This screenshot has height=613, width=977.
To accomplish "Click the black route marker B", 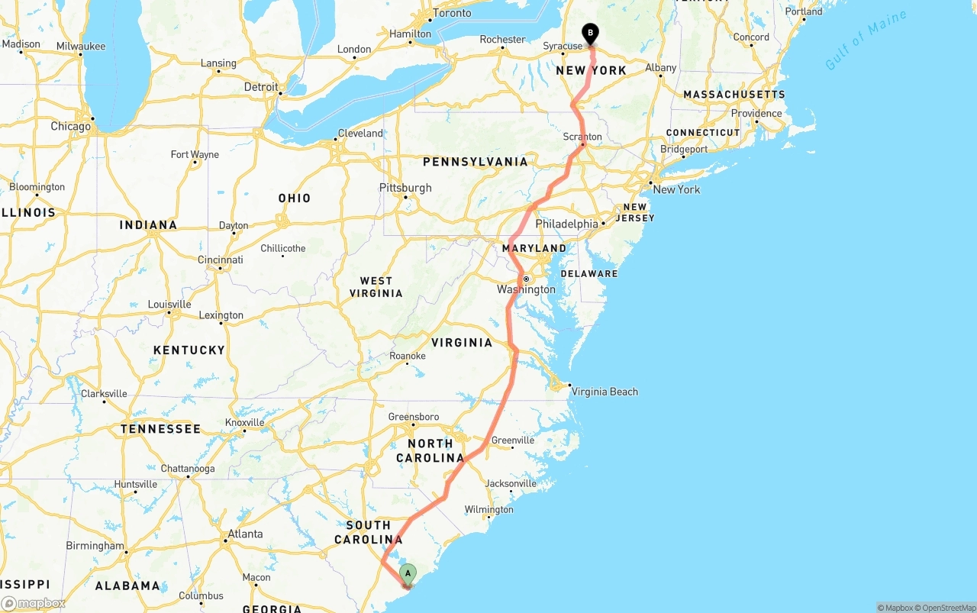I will (590, 34).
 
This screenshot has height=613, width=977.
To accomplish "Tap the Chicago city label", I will (70, 126).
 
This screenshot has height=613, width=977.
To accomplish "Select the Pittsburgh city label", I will (405, 188).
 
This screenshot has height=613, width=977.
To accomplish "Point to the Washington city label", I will (526, 289).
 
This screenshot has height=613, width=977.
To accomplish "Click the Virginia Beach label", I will (605, 392).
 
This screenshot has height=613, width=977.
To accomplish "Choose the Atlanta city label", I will (245, 534).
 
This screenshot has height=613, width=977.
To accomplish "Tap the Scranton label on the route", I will (582, 137).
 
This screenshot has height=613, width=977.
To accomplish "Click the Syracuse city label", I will (563, 46).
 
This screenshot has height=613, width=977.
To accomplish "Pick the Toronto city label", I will (452, 13).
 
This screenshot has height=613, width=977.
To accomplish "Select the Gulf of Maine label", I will (866, 40).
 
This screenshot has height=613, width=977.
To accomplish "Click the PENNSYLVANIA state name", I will (475, 162).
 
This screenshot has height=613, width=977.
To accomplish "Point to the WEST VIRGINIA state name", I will (376, 287).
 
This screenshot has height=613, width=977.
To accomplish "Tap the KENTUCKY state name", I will (189, 350).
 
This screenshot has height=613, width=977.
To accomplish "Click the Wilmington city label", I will (488, 509).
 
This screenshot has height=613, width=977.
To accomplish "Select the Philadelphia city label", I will (566, 224).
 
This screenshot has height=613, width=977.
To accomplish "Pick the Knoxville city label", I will (244, 422).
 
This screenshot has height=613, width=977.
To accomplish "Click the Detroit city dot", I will (281, 94).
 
